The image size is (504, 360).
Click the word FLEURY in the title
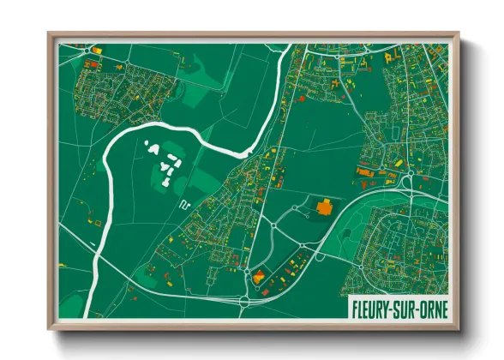[x=372, y=306]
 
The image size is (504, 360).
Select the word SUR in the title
[x=404, y=306]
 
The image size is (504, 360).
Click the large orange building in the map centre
[x=325, y=206]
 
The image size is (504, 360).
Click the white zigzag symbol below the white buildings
[x=183, y=204]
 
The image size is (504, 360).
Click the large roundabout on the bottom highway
[x=246, y=302]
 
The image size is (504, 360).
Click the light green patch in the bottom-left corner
[x=73, y=300]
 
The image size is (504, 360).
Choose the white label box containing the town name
[x=399, y=306]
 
